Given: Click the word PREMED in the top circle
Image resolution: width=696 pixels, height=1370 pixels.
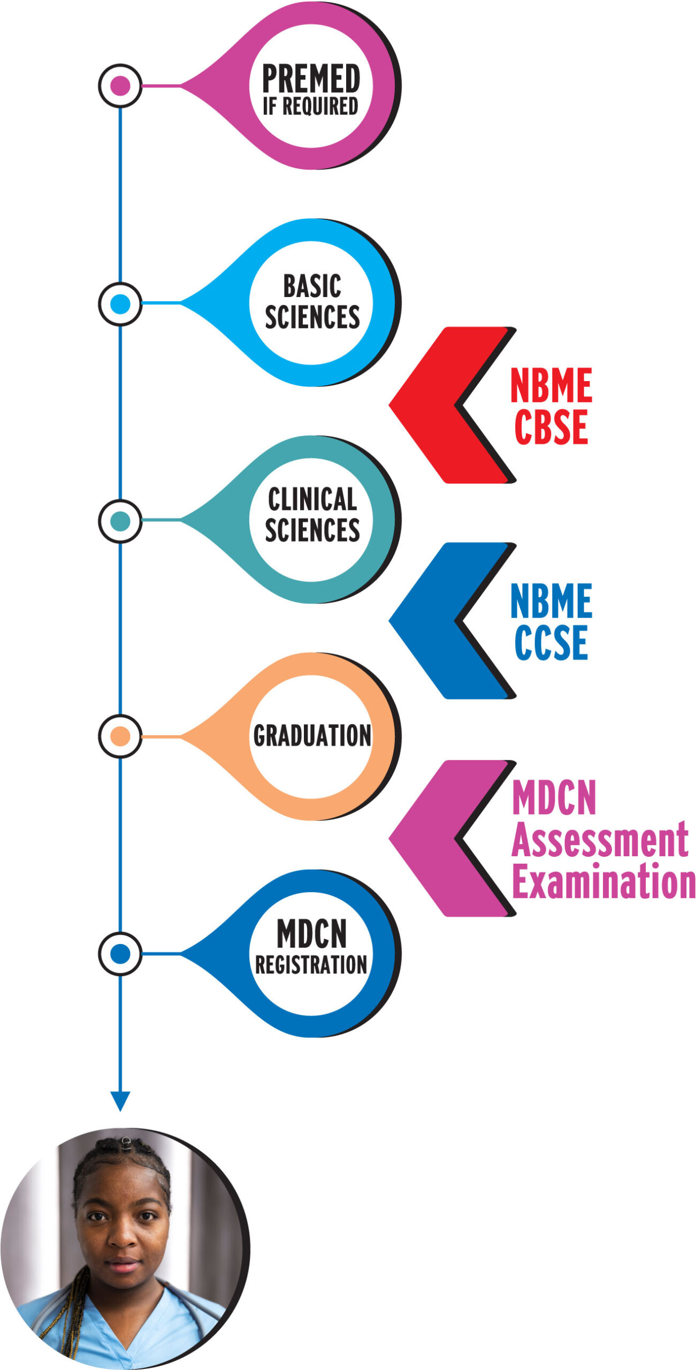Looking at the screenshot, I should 311,78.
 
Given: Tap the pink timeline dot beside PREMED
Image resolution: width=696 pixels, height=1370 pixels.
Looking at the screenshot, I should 120,86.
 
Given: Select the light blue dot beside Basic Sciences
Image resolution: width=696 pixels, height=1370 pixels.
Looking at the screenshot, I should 120,304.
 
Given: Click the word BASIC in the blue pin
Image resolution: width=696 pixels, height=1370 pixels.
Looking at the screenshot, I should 312,286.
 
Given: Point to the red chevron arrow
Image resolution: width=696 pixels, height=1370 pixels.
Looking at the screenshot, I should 428,405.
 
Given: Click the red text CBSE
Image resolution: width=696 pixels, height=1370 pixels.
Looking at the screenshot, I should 551,427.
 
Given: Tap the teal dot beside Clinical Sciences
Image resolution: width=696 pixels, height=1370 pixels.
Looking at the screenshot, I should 120,521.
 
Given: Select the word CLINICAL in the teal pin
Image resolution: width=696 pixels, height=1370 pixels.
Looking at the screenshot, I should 312,500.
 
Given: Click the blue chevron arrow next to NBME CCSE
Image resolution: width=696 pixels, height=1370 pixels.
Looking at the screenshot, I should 428,621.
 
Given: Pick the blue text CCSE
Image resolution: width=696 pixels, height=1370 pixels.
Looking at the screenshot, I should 551,642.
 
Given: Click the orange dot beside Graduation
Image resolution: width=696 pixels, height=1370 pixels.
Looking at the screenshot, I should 120,736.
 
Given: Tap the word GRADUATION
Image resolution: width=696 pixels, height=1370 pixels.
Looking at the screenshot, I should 312,736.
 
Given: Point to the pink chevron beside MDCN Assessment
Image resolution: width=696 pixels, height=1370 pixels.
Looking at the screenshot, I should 428,838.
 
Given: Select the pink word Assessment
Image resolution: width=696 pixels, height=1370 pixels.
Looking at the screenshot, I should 599,841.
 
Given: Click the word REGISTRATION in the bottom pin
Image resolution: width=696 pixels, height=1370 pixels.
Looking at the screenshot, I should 311,965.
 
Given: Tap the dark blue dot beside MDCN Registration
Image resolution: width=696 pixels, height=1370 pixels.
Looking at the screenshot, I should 120,954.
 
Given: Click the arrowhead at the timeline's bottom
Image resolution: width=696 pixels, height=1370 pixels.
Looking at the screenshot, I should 120,1100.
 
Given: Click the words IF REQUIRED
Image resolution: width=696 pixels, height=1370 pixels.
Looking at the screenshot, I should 310,106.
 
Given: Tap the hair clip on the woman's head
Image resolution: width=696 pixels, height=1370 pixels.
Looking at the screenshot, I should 126,1143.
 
